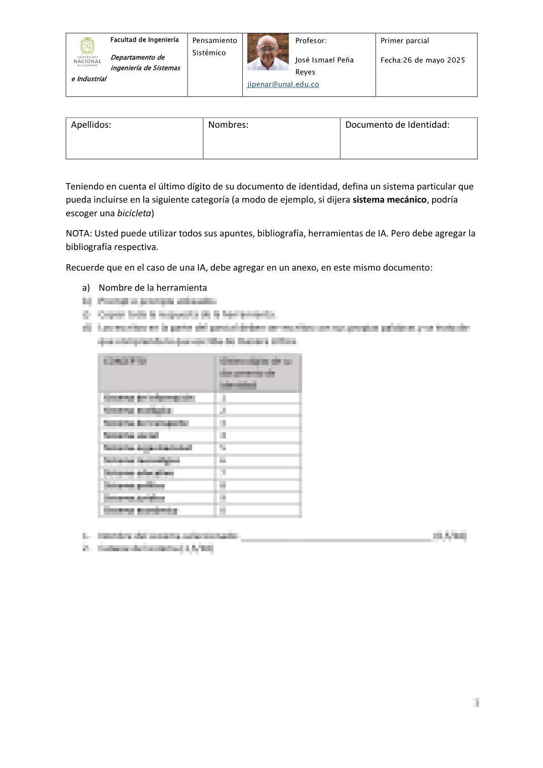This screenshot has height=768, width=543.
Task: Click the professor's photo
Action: point(268,52)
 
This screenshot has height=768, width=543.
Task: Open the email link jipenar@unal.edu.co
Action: point(283,84)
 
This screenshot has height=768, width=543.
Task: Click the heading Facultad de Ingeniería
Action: point(144,40)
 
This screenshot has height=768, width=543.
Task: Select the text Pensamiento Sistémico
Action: point(214,47)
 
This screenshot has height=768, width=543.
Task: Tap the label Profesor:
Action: point(311,41)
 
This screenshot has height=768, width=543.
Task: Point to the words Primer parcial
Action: point(405,41)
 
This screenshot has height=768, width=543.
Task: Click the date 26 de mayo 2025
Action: point(434,60)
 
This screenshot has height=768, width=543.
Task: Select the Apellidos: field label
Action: point(91,125)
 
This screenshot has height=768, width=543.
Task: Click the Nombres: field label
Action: point(228,125)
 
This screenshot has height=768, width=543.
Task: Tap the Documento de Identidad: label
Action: point(397,125)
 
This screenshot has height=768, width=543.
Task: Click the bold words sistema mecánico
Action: point(389,200)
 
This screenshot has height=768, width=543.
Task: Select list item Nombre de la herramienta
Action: point(152,288)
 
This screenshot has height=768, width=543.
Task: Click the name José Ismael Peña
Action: point(324,60)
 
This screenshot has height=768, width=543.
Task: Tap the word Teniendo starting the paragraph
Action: point(84,187)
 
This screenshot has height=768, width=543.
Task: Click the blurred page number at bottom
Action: point(476,702)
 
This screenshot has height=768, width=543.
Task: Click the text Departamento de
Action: point(137,57)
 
